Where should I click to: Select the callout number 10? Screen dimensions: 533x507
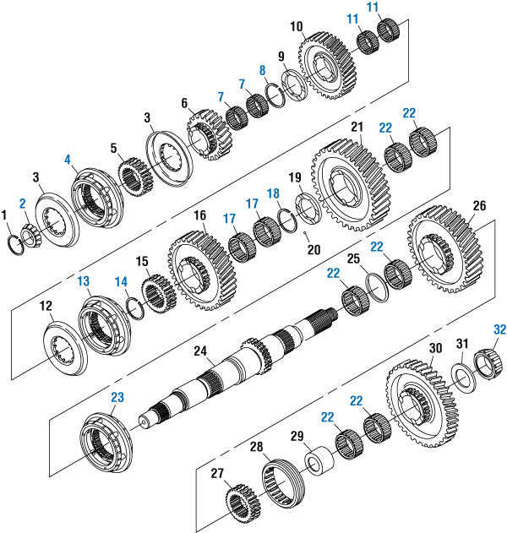tap(296, 26)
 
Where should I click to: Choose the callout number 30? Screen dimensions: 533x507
tap(435, 348)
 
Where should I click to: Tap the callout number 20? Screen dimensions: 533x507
tap(313, 249)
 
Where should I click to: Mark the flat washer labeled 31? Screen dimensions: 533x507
tap(461, 377)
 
